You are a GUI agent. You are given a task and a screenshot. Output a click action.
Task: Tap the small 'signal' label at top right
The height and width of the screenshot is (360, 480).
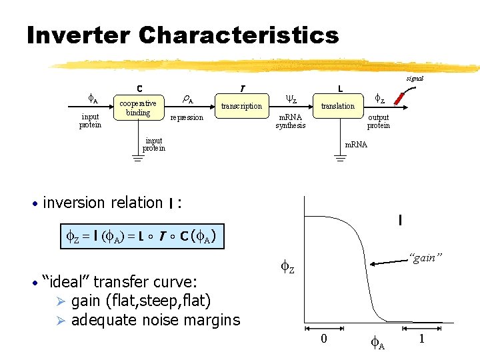(415, 78)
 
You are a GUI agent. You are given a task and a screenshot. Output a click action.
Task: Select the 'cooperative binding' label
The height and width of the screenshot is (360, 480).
(138, 108)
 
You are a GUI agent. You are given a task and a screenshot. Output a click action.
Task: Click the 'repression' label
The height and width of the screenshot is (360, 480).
(187, 117)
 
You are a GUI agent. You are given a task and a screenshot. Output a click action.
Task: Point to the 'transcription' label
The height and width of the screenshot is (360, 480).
(241, 106)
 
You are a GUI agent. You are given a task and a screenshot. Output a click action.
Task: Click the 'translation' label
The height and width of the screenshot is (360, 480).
(338, 106)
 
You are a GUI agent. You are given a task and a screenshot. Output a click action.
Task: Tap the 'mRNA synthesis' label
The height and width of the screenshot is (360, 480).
(291, 121)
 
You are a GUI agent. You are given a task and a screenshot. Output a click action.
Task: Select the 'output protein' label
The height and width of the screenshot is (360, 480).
(379, 121)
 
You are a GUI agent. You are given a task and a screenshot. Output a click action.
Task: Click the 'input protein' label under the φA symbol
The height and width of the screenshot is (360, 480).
(90, 121)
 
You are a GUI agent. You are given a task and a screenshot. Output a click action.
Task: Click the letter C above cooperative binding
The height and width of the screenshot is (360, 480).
(139, 88)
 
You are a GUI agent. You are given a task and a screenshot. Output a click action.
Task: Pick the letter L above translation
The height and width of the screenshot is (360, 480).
(340, 88)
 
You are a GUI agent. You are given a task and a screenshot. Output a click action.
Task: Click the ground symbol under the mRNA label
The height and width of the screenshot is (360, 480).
(339, 159)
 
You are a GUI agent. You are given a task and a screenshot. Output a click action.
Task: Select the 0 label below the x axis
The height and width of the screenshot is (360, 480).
(323, 339)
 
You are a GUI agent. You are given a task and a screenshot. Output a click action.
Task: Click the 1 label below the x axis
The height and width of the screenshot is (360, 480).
(421, 339)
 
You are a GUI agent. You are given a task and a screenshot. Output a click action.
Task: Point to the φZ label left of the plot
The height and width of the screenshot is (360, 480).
(287, 268)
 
